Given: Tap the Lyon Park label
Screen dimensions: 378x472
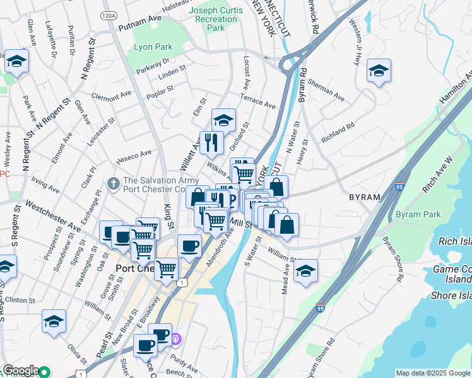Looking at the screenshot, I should click(153, 47).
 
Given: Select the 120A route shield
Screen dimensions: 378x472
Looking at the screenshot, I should click(108, 14).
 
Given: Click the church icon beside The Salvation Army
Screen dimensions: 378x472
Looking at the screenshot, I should click(114, 183).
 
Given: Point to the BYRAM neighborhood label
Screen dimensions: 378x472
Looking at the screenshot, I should click(365, 197).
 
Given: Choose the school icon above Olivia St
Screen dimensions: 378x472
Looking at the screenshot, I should click(54, 321).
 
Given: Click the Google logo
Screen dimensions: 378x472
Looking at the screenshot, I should click(21, 370).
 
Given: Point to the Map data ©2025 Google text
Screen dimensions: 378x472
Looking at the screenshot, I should click(432, 373).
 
